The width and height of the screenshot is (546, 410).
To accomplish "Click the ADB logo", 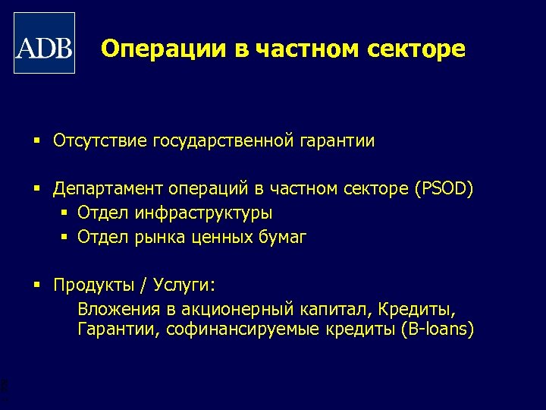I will (45, 43).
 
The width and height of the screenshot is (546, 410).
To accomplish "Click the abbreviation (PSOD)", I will (444, 189).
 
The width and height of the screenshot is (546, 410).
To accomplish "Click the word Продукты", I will (93, 285).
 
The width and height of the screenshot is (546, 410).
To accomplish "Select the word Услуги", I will (184, 285).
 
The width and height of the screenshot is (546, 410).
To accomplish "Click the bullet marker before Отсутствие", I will (36, 141).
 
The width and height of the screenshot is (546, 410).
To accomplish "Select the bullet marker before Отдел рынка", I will (64, 238).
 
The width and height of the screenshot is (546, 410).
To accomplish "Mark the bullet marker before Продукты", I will (36, 285).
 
